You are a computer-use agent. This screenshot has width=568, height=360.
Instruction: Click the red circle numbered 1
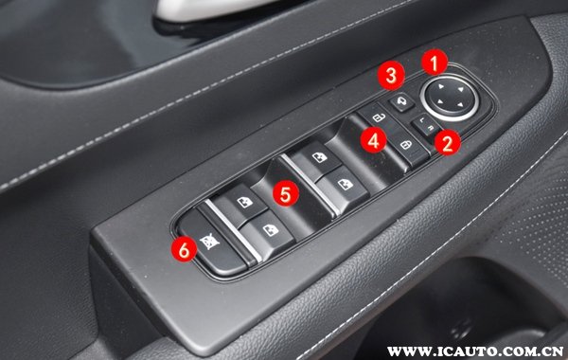click(x=435, y=62)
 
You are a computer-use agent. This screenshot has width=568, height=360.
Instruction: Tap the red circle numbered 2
click(x=448, y=142)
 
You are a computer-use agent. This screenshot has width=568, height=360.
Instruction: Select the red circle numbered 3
click(x=391, y=76)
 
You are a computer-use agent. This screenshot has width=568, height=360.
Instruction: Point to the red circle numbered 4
click(x=374, y=139)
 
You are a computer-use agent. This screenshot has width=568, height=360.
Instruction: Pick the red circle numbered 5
click(x=286, y=193)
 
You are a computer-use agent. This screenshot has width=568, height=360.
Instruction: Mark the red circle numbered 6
click(x=184, y=249)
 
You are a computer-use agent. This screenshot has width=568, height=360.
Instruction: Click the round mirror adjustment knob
click(x=450, y=96)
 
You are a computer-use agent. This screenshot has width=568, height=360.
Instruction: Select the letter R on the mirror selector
click(x=431, y=128)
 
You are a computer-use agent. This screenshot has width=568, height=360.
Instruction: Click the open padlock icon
click(x=379, y=117)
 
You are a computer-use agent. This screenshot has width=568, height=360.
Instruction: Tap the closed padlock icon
click(x=406, y=145)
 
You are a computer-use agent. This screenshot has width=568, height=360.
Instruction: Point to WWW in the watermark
click(x=407, y=351)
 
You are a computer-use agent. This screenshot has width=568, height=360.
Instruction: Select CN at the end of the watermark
click(x=553, y=351)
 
